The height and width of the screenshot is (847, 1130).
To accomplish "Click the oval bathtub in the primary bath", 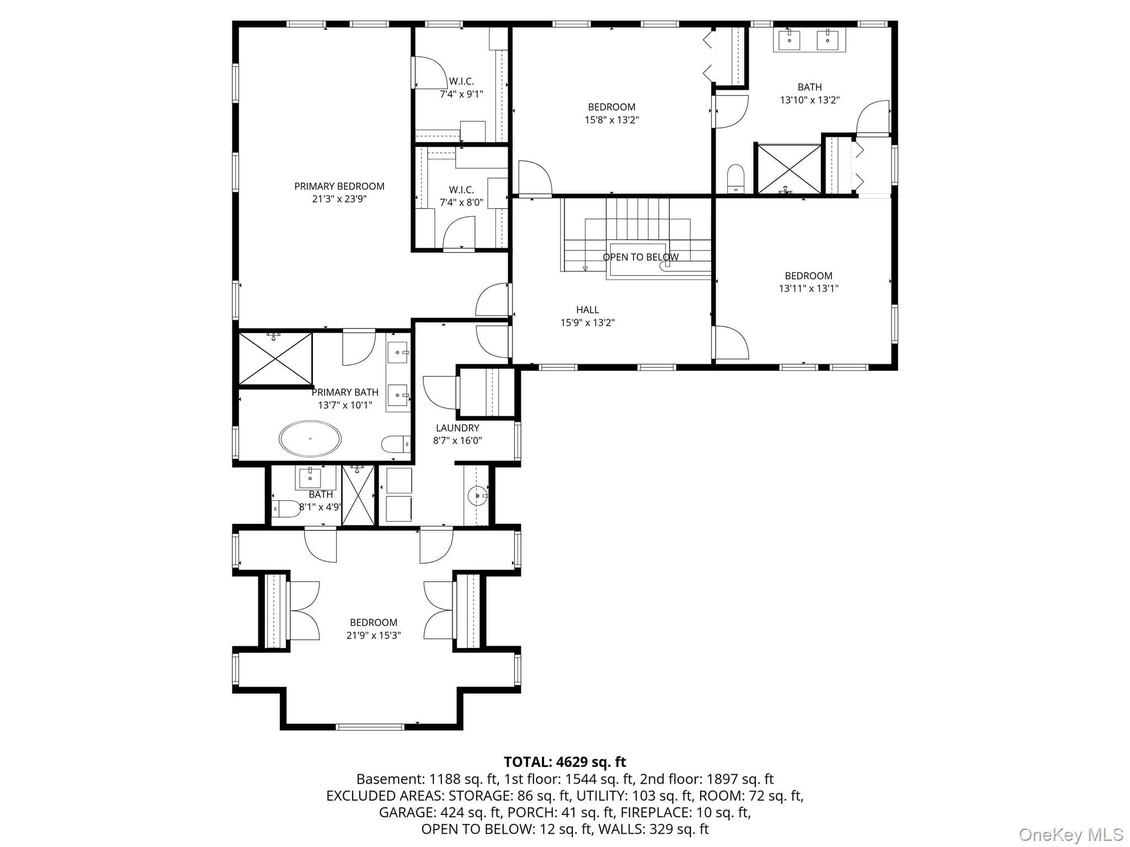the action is pyautogui.click(x=310, y=439).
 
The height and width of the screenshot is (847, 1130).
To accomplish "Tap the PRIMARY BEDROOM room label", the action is pyautogui.click(x=339, y=186).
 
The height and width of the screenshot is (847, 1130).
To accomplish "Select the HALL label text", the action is pyautogui.click(x=588, y=310).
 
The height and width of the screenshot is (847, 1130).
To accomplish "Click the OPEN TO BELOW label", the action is pyautogui.click(x=641, y=257).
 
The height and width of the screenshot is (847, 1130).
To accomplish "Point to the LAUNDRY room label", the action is pyautogui.click(x=457, y=428).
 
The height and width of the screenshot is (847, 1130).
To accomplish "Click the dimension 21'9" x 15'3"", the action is pyautogui.click(x=374, y=635).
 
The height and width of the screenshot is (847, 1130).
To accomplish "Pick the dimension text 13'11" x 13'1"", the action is pyautogui.click(x=809, y=288).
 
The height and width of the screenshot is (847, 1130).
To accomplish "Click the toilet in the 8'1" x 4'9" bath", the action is pyautogui.click(x=286, y=508).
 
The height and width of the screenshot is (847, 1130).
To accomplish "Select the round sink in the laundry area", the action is pyautogui.click(x=477, y=496).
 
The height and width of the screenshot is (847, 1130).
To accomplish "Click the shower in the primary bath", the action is pyautogui.click(x=275, y=358).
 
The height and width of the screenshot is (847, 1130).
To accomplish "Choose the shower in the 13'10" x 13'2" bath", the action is pyautogui.click(x=789, y=169).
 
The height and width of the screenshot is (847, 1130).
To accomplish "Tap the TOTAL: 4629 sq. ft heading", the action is pyautogui.click(x=565, y=762).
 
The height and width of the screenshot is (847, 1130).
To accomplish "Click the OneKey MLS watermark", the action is pyautogui.click(x=1071, y=834).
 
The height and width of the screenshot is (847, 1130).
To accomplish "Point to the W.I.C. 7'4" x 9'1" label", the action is pyautogui.click(x=461, y=88).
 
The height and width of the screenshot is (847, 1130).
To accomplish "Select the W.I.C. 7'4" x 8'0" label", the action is pyautogui.click(x=461, y=196).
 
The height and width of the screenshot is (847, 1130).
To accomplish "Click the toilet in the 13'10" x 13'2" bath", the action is pyautogui.click(x=736, y=179).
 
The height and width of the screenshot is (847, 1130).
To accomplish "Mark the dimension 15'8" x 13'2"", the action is pyautogui.click(x=612, y=120).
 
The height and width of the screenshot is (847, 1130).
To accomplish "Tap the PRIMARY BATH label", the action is pyautogui.click(x=345, y=392).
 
